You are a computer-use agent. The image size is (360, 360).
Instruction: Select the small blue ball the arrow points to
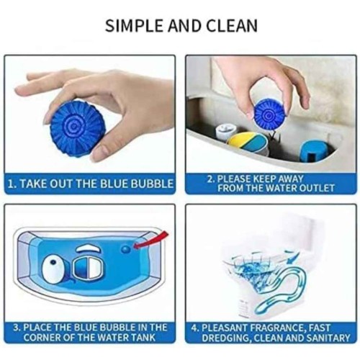[126, 249]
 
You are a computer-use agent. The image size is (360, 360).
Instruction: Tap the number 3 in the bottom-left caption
[16, 328]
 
